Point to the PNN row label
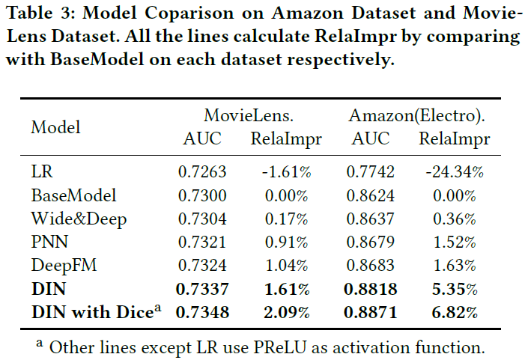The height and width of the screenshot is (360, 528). [46, 242]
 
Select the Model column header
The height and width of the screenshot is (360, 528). [55, 127]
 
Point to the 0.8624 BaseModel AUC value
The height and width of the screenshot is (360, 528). [371, 195]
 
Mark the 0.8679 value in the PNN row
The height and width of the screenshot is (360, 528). [371, 242]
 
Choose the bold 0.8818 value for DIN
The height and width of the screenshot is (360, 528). [371, 289]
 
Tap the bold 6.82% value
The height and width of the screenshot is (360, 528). [455, 312]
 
